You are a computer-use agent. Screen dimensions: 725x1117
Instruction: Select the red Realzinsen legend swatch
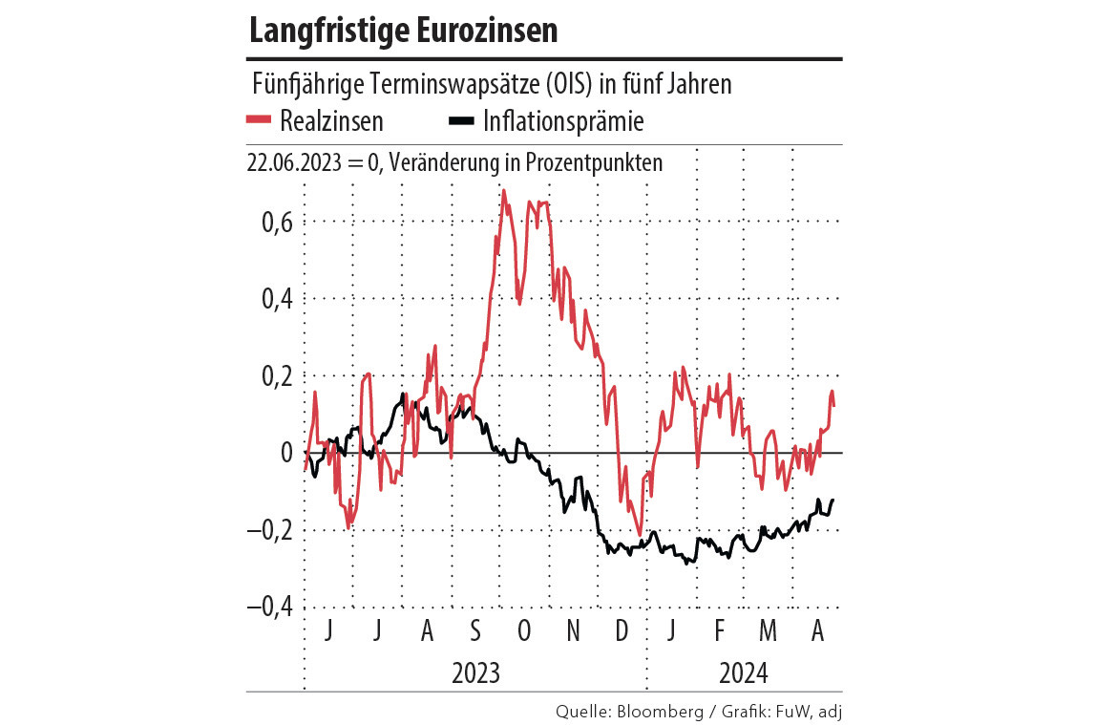point(259,120)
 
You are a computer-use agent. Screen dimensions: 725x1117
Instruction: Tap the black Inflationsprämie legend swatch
point(462,120)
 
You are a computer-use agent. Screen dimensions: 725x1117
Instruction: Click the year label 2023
point(475,672)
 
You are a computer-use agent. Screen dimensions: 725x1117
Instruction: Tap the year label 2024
point(743,672)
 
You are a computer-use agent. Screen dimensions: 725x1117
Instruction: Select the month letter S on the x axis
point(475,631)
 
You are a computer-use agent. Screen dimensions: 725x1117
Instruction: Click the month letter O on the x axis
point(523,631)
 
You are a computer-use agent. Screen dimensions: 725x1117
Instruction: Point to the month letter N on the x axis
point(573,631)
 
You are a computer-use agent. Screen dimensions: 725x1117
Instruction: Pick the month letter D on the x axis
point(622,631)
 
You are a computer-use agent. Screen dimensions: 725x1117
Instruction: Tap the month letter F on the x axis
point(719,631)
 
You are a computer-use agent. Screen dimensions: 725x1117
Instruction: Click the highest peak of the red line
point(503,191)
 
